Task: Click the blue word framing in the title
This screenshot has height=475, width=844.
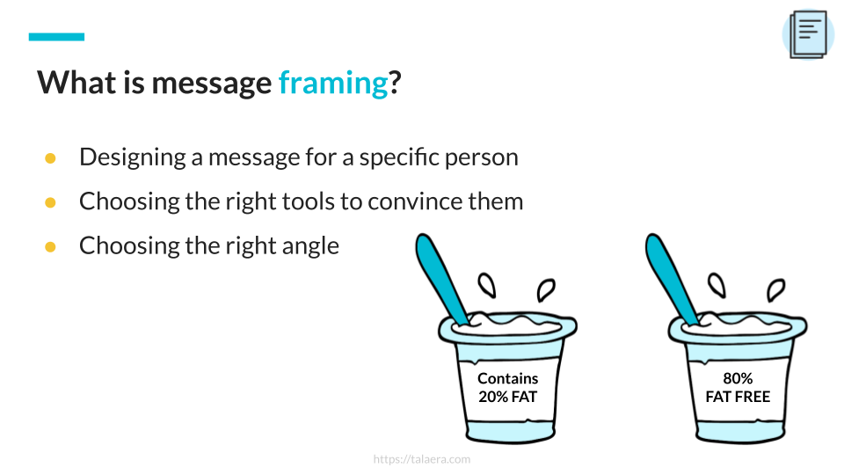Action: tap(333, 84)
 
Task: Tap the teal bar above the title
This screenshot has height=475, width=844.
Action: tap(56, 37)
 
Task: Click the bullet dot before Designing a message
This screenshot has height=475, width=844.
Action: tap(51, 157)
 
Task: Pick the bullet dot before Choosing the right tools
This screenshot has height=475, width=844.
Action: tap(51, 202)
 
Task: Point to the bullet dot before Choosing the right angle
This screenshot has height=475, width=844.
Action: tap(51, 246)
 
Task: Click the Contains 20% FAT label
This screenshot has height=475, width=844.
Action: tap(507, 388)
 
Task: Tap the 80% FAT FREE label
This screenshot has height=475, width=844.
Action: tap(738, 388)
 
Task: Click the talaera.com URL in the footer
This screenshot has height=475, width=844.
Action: tap(422, 459)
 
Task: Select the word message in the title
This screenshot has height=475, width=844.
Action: tap(212, 84)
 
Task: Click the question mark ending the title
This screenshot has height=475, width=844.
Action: tap(395, 84)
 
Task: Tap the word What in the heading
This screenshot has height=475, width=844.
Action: tap(76, 83)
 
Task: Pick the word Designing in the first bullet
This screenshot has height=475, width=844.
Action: tap(133, 157)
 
